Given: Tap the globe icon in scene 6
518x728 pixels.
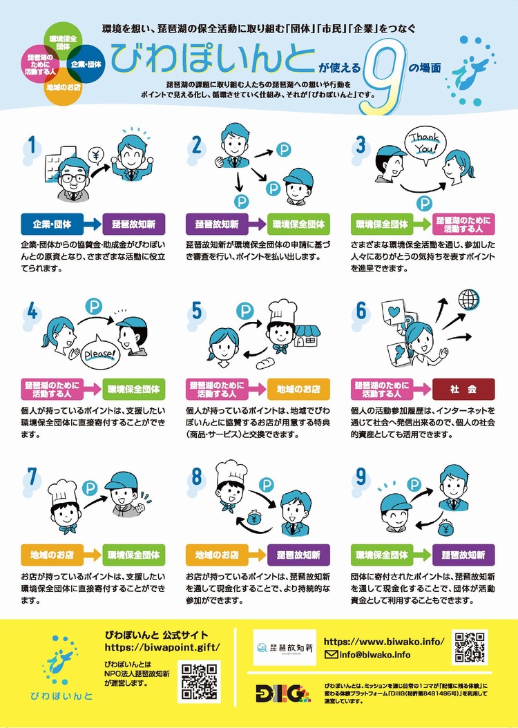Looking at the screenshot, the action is coord(469,300).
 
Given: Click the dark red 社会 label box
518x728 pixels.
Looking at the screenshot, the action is coord(463,389).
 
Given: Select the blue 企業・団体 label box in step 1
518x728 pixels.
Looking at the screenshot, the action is coord(52,224).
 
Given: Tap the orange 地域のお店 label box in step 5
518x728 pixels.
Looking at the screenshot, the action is coord(298,389).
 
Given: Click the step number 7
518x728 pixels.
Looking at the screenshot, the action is coord(32,477).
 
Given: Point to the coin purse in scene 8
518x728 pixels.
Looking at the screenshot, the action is coord(255,517).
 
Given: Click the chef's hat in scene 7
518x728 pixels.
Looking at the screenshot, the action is coord(63,493).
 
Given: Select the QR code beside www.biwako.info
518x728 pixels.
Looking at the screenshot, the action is coord(470,646).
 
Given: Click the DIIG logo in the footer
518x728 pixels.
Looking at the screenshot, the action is coord(283,693).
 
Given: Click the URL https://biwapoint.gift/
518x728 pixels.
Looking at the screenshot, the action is coord(162,647).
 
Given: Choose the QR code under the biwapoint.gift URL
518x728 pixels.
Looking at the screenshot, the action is coord(199,682).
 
